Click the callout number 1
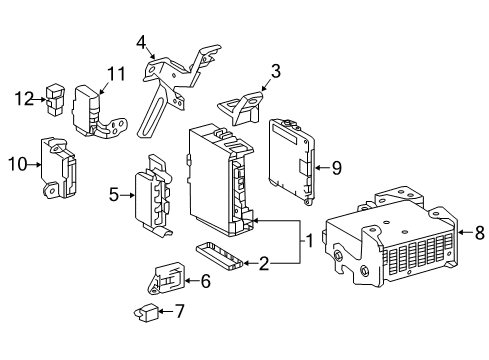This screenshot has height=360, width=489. pyautogui.click(x=311, y=241)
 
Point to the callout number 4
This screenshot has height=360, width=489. pyautogui.click(x=142, y=41)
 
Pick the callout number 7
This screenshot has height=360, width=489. pyautogui.click(x=180, y=311)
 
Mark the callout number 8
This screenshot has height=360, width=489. pyautogui.click(x=478, y=234)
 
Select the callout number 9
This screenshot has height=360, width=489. pyautogui.click(x=336, y=168)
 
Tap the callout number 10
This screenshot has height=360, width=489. pyautogui.click(x=15, y=163)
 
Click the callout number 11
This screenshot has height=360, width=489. pyautogui.click(x=116, y=72)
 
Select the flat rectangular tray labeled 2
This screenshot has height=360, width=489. pyautogui.click(x=220, y=255)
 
